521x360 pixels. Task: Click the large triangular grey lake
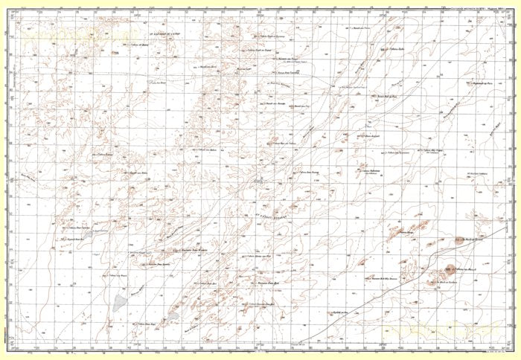(x=121, y=303)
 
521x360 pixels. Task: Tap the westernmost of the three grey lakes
(x=88, y=234)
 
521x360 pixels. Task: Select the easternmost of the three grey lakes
(x=173, y=316)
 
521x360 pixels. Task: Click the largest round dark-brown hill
(x=453, y=271)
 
